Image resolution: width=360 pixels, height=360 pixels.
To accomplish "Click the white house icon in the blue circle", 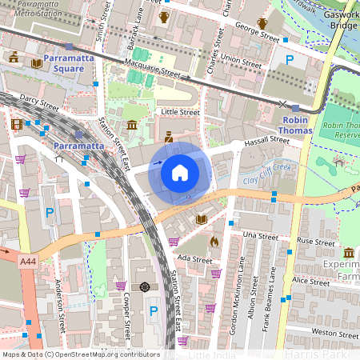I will (x=180, y=172).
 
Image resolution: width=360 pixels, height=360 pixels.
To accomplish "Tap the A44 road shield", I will (x=28, y=261).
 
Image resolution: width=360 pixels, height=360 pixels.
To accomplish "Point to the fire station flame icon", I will (x=214, y=240).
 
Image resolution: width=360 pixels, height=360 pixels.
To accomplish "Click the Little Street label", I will (x=180, y=113).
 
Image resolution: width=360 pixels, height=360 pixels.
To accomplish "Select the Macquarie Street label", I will (x=149, y=73).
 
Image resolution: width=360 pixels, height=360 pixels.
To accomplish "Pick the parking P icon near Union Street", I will (x=290, y=60).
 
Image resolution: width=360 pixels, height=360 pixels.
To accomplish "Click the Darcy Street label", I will (x=38, y=104).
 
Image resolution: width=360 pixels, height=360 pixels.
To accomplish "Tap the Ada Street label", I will (x=194, y=259).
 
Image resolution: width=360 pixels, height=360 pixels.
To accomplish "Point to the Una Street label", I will (x=259, y=236).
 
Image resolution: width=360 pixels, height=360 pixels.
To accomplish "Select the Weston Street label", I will (x=334, y=332).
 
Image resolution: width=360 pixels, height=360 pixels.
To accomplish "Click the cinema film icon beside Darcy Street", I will (x=17, y=124).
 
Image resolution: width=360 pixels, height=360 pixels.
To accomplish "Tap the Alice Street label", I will (x=310, y=282).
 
